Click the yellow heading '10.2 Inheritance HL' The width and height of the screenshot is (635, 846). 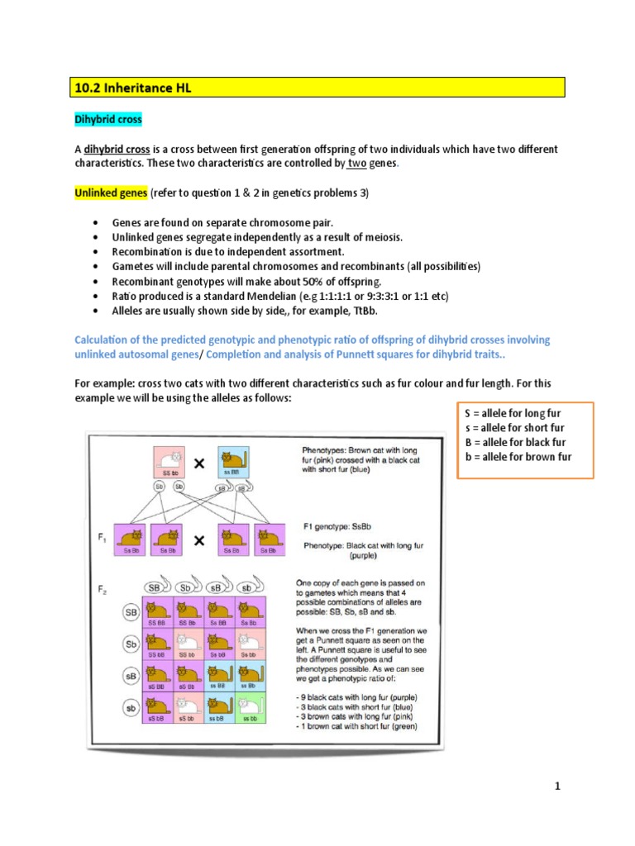[132, 88]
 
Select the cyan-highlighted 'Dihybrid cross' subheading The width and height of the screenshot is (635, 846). [108, 120]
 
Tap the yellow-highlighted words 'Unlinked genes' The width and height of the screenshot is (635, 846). [111, 192]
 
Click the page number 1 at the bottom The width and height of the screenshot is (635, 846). [558, 786]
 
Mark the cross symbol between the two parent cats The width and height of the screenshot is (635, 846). [199, 465]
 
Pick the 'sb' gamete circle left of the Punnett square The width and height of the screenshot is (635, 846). [131, 707]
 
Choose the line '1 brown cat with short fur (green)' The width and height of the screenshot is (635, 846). [357, 727]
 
